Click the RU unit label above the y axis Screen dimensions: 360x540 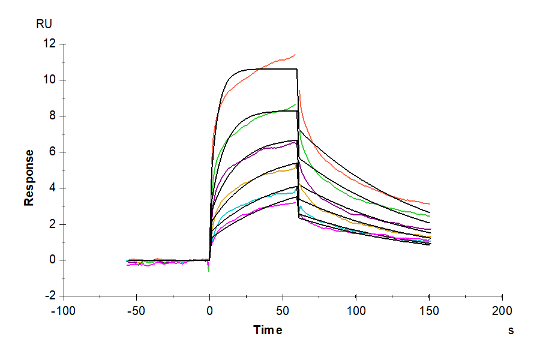pos(44,25)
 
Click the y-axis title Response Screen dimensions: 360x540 pos(29,178)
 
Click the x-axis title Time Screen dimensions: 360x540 pos(268,330)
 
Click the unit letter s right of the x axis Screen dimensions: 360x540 pos(511,330)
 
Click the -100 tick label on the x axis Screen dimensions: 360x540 pos(63,311)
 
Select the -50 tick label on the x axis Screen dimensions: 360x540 pos(136,311)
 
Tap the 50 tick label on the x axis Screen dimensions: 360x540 pos(283,311)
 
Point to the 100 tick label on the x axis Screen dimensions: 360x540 pos(356,311)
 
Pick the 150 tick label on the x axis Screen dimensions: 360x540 pos(429,311)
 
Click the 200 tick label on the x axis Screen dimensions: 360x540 pos(502,311)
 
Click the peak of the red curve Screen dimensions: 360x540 pos(295,55)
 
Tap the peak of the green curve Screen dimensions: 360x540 pos(296,105)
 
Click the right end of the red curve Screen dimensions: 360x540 pos(430,204)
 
